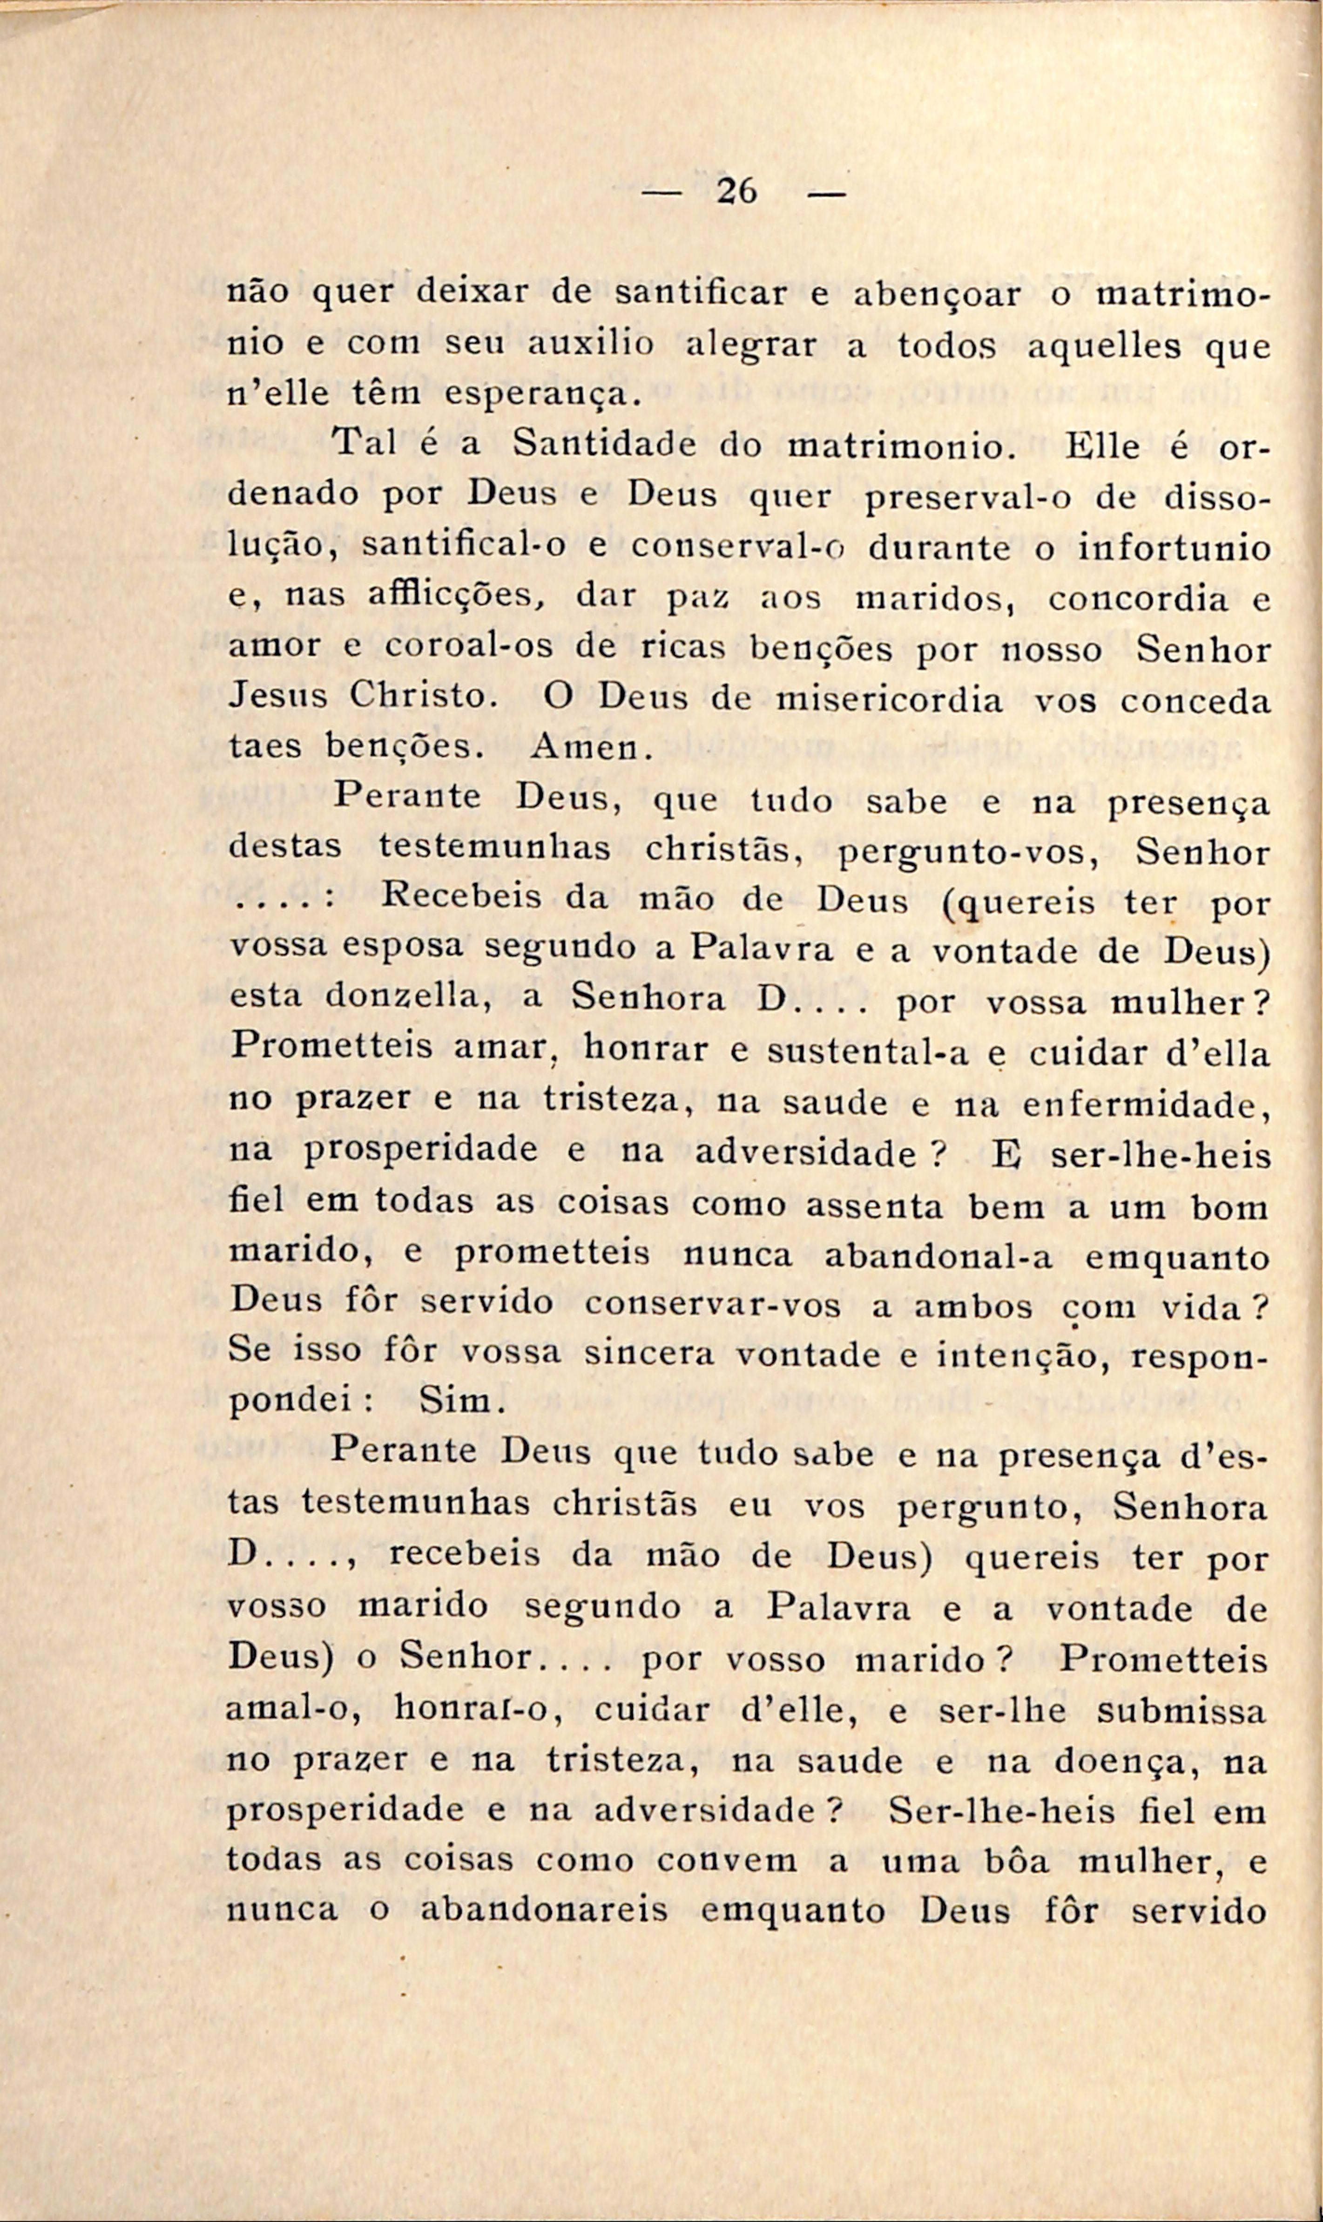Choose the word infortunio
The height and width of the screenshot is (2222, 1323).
click(x=1174, y=546)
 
